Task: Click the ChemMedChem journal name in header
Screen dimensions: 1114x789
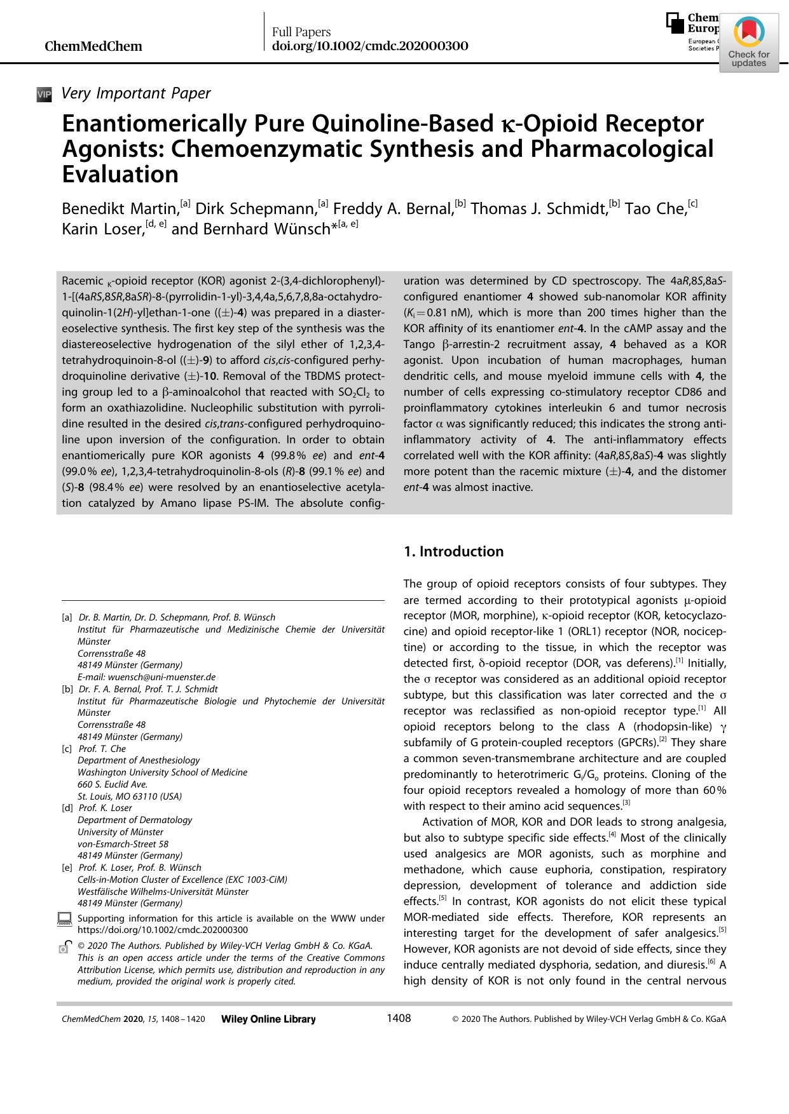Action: tap(93, 46)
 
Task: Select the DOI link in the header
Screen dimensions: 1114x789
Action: tap(370, 46)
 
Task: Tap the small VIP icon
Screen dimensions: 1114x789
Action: tap(44, 95)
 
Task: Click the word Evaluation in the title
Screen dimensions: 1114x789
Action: tap(120, 174)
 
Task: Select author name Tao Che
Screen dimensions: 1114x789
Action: tap(655, 209)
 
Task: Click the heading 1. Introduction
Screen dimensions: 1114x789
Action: tap(453, 551)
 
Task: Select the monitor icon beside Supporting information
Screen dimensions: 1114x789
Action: tap(65, 919)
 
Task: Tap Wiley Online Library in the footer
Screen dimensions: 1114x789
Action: tap(268, 1019)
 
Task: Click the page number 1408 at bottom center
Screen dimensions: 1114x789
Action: tap(399, 1019)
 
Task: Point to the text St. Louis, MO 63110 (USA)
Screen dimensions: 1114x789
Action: tap(130, 796)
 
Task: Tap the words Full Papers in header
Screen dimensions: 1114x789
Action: tap(301, 32)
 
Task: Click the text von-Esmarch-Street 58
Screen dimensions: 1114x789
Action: tap(123, 843)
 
